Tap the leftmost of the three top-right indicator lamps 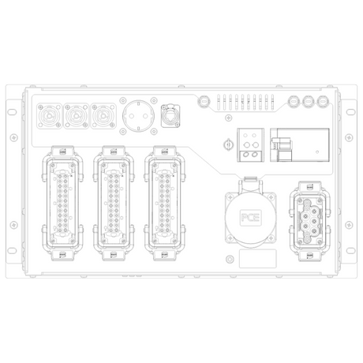click(x=294, y=101)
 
